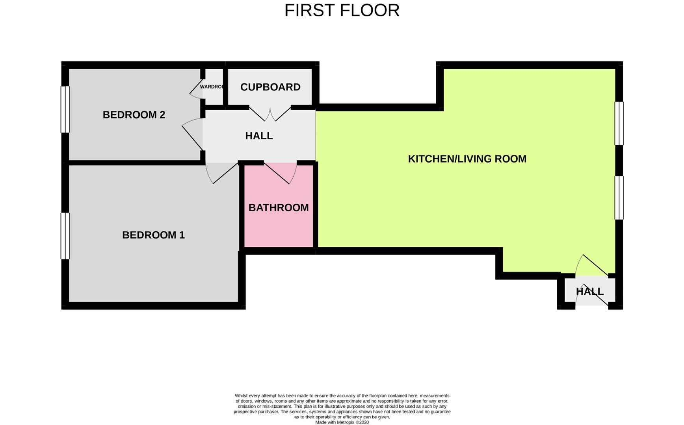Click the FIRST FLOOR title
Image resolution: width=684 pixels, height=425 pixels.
(342, 11)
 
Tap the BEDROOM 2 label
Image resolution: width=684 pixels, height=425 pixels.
(134, 115)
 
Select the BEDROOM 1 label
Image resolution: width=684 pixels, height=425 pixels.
(153, 235)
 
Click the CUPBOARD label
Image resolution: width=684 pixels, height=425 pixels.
(270, 87)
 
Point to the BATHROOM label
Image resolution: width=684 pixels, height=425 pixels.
(279, 207)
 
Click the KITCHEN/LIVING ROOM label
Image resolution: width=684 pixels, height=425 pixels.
(467, 159)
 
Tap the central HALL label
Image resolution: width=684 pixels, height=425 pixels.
(259, 136)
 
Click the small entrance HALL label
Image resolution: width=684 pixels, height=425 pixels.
(589, 292)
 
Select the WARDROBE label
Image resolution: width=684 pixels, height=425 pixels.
(212, 87)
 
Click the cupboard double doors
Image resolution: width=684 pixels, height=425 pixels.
(270, 114)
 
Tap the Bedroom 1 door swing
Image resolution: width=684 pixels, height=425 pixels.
(221, 173)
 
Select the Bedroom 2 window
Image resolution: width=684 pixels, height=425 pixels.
(65, 109)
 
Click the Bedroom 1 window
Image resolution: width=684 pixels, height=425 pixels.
(65, 236)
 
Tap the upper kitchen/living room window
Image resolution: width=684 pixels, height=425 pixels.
(619, 123)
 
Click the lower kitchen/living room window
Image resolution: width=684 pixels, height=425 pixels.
(619, 198)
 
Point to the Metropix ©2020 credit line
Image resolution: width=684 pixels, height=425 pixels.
(342, 422)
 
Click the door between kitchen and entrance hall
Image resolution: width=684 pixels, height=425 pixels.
(593, 264)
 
